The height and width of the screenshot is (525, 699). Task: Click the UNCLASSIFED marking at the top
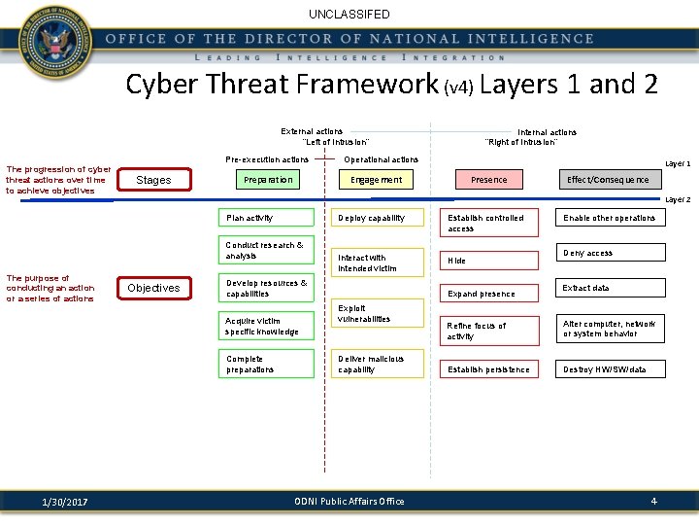349,15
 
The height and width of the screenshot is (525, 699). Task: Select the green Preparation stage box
267,180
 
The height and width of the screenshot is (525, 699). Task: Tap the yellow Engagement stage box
376,180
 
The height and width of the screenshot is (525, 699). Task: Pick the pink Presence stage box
488,180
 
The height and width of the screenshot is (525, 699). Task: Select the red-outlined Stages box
153,180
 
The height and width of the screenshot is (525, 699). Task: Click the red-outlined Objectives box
153,288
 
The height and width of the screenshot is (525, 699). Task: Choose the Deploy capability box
376,218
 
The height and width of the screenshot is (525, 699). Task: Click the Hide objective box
488,261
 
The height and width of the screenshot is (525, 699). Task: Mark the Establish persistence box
488,369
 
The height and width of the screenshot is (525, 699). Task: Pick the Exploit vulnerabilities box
376,314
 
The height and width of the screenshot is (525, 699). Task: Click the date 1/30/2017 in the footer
65,502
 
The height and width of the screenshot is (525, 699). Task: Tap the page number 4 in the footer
653,501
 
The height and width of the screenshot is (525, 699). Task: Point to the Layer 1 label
677,164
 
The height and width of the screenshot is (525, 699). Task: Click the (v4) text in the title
459,87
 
